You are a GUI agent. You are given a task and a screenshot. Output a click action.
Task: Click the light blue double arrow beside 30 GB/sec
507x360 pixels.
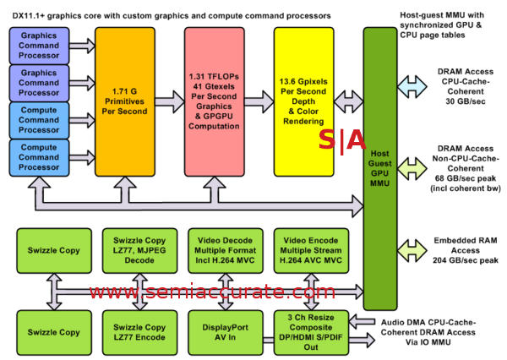point(413,85)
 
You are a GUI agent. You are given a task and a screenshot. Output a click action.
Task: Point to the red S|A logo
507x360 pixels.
point(341,140)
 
